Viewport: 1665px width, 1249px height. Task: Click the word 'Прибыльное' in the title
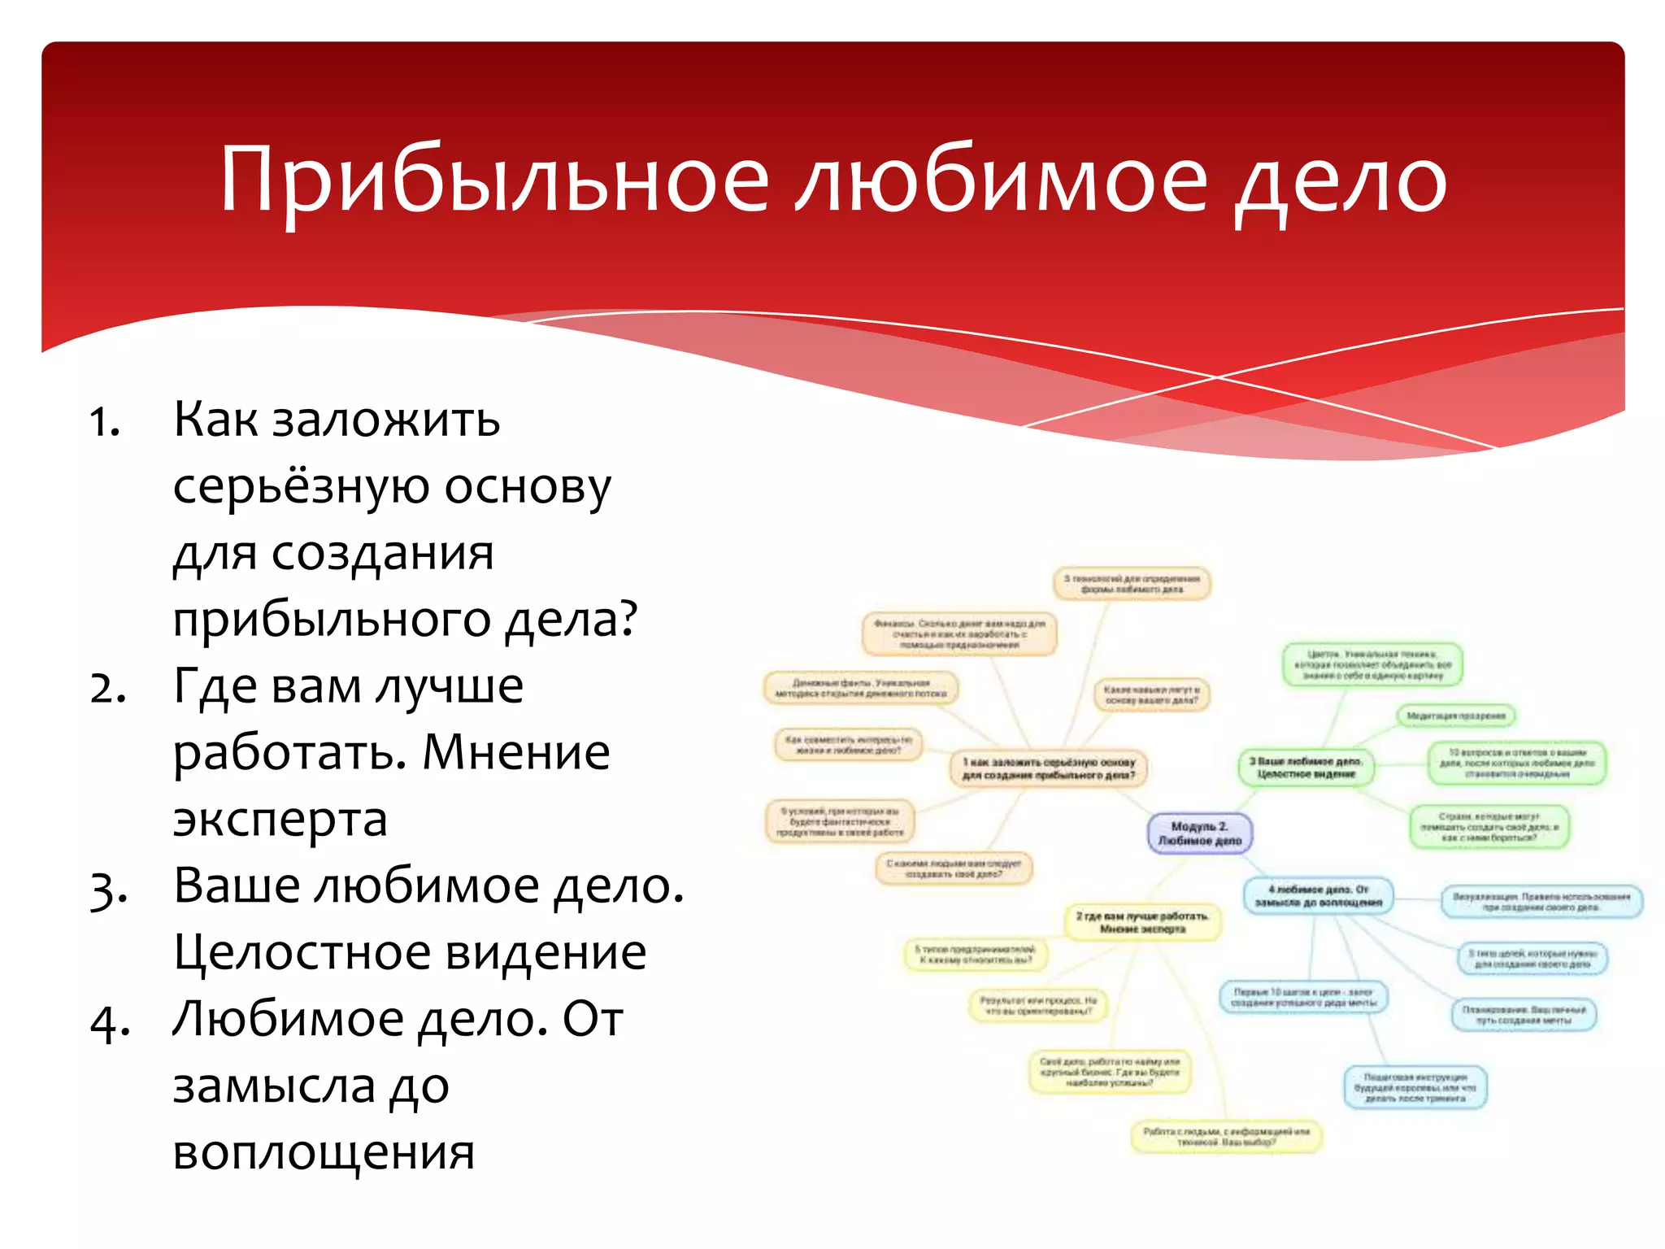[493, 181]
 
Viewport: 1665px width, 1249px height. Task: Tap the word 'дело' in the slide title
[1341, 181]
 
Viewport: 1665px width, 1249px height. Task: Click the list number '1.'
[105, 422]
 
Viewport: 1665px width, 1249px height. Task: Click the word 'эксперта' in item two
[280, 819]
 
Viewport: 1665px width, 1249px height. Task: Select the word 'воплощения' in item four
[324, 1151]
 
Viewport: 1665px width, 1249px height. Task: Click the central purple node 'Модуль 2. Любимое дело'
[1200, 833]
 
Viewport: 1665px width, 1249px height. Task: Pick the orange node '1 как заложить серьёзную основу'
[1049, 768]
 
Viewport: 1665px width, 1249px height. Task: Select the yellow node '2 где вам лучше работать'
[1142, 922]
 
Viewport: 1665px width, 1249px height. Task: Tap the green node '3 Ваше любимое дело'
[1306, 768]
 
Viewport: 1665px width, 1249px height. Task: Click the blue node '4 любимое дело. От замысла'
[1318, 896]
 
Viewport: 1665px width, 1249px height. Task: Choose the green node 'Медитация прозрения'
[1455, 716]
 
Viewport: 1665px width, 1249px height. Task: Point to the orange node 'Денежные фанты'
[861, 688]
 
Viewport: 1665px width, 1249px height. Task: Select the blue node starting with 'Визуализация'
[1541, 902]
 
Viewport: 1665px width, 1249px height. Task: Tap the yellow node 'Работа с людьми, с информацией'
[1226, 1137]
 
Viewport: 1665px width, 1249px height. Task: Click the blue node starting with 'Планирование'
[1524, 1015]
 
